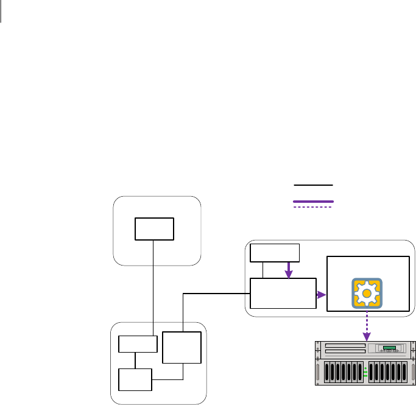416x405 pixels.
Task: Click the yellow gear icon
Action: click(x=367, y=292)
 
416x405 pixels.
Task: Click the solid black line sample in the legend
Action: click(x=314, y=183)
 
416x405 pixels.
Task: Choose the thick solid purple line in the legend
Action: click(x=314, y=201)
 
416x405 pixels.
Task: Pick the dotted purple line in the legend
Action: click(x=314, y=207)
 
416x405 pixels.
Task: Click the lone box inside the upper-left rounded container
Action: click(x=155, y=228)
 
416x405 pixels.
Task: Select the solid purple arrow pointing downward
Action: click(x=289, y=269)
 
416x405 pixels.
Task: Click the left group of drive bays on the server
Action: click(x=343, y=372)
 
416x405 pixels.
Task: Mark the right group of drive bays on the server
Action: click(x=388, y=372)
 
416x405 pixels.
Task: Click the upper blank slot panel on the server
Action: click(x=345, y=345)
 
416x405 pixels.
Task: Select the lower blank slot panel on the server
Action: click(x=345, y=351)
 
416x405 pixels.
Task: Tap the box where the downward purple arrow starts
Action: click(x=275, y=252)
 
